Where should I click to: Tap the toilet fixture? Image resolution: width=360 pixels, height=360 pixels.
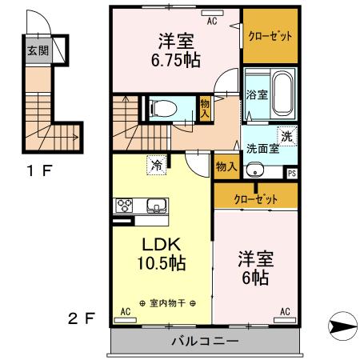tap(160, 106)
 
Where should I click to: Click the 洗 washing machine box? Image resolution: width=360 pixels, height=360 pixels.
tap(286, 135)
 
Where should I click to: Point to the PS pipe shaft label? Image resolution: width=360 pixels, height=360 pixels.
tap(292, 172)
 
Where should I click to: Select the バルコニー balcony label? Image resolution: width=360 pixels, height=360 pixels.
tap(205, 342)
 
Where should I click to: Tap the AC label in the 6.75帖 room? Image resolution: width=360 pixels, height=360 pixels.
tap(213, 22)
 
